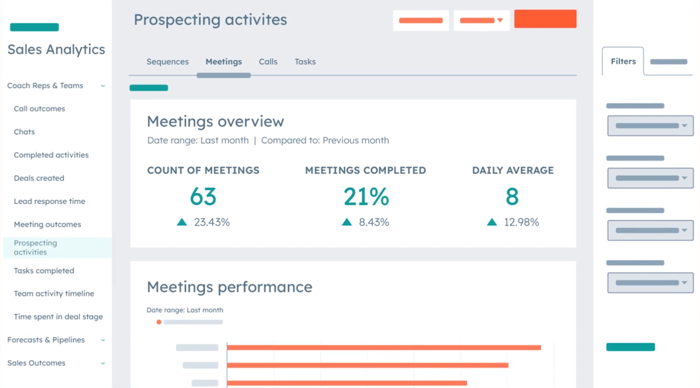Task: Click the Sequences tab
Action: click(x=167, y=62)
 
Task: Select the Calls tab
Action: click(x=268, y=62)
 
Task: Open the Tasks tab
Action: click(x=305, y=62)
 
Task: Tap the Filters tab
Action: click(x=623, y=61)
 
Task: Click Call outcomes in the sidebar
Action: click(x=40, y=109)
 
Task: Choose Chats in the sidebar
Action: click(x=24, y=132)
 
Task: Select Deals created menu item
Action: click(x=39, y=179)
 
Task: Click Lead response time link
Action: click(x=50, y=201)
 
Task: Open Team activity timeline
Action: click(x=54, y=294)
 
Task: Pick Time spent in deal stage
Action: click(x=58, y=317)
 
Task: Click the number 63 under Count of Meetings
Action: click(x=203, y=197)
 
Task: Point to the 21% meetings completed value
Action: click(x=366, y=197)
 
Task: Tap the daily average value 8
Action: click(x=512, y=197)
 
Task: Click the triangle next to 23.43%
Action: click(x=182, y=222)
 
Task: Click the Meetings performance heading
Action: click(x=229, y=287)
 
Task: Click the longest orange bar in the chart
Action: click(x=384, y=348)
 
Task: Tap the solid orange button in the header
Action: click(x=545, y=19)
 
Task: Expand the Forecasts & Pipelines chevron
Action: click(x=103, y=340)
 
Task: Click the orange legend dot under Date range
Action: click(x=159, y=322)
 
